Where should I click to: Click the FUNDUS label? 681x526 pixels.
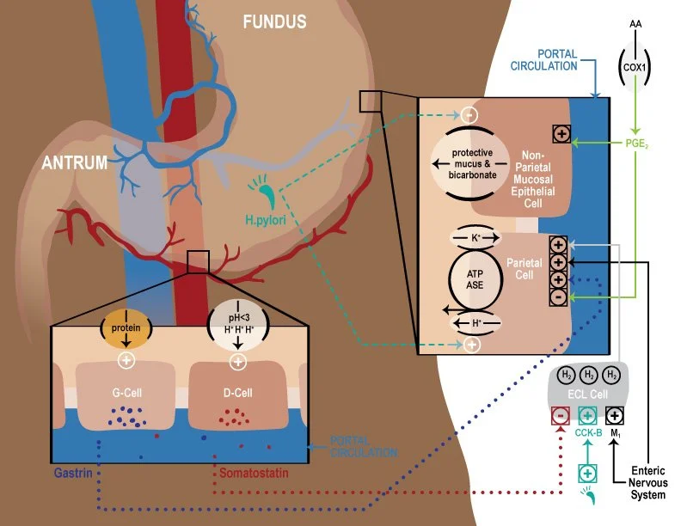pos(274,21)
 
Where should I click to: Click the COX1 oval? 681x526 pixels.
pos(637,64)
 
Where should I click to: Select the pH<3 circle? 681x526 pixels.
pos(236,327)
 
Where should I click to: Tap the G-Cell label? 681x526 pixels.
pos(127,393)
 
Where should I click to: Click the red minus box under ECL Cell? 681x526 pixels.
pos(559,414)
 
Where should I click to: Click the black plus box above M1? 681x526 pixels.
pos(615,414)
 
